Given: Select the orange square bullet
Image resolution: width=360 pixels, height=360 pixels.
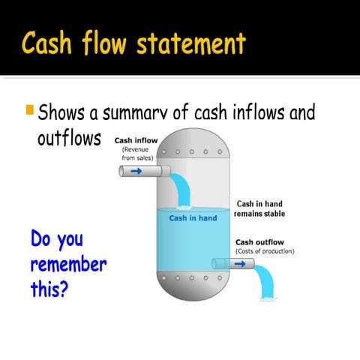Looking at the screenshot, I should coord(29,112).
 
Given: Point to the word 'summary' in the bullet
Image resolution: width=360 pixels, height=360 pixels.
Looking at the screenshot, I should coord(137,115).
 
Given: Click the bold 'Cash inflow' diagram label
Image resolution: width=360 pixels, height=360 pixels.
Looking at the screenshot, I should coord(136,140).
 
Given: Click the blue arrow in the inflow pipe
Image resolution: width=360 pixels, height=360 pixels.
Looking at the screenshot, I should coord(136,172).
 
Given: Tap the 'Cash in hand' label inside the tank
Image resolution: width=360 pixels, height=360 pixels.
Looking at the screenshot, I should coord(193,218).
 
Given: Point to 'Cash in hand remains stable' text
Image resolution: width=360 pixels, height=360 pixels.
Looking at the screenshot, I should coord(259,208).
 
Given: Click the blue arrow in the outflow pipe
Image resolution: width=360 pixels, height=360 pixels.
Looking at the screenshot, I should coord(240,264).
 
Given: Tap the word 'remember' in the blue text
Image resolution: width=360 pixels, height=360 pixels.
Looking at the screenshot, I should coord(69,265).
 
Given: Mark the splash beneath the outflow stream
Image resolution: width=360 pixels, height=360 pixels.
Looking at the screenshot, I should coord(265,300).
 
